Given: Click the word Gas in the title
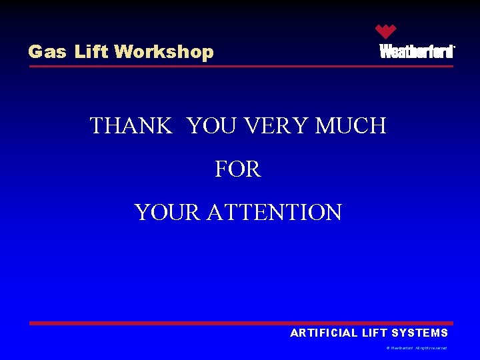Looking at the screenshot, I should [x=47, y=52].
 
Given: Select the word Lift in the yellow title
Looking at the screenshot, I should [x=91, y=52].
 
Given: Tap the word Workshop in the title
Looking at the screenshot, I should [x=164, y=52].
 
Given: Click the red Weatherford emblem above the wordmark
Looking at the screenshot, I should [x=385, y=31].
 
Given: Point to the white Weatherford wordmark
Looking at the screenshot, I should [x=416, y=52].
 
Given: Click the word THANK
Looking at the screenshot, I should [x=131, y=125].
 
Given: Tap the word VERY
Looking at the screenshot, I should [x=274, y=125].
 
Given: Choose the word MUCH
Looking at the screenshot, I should [x=351, y=125].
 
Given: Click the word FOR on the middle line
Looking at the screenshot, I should [x=238, y=169].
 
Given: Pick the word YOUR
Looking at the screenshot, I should [x=167, y=213].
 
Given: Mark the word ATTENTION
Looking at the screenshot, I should [x=274, y=213].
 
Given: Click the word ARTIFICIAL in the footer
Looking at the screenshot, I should [x=323, y=333].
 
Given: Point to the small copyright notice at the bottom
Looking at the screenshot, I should [x=417, y=348].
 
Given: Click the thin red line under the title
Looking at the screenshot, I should [x=240, y=66].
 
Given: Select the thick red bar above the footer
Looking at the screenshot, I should [x=240, y=323].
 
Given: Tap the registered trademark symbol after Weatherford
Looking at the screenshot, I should [x=454, y=47].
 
